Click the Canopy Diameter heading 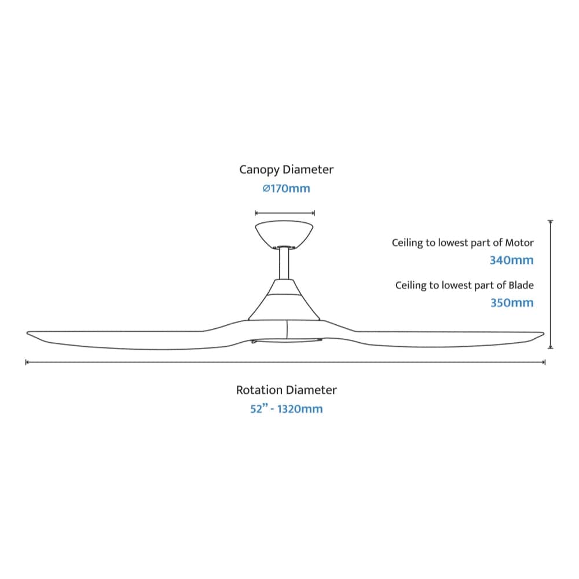[286, 170]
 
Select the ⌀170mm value [286, 189]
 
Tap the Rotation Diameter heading [286, 390]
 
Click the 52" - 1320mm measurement [286, 409]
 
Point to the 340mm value [511, 261]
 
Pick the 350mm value [512, 303]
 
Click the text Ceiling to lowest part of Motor [463, 243]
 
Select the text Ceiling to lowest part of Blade [464, 285]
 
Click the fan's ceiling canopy [284, 233]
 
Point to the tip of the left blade [29, 333]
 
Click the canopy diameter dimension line [284, 213]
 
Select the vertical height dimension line [551, 284]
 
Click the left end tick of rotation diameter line [27, 362]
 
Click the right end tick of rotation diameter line [545, 362]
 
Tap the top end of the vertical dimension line [551, 221]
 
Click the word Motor [519, 243]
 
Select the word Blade [521, 285]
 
